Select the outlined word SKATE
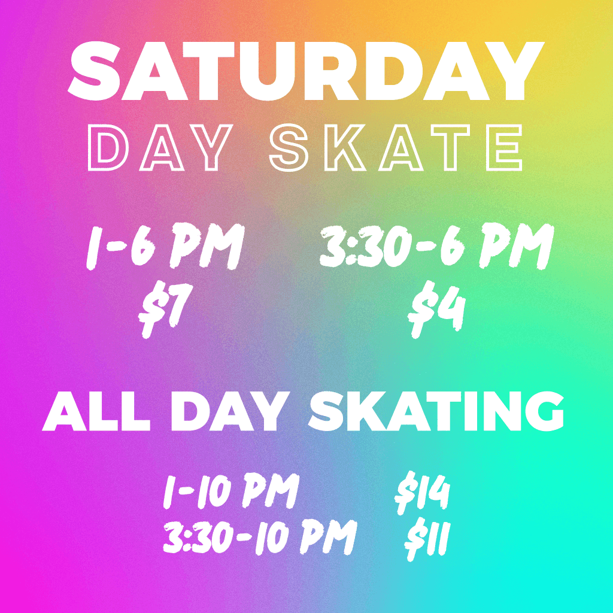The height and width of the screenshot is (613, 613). click(x=395, y=148)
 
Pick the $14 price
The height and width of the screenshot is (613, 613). click(x=422, y=494)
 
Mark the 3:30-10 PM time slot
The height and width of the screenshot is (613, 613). click(x=259, y=536)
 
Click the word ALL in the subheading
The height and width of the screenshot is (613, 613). click(x=96, y=412)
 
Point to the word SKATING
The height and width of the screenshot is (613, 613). click(x=437, y=412)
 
